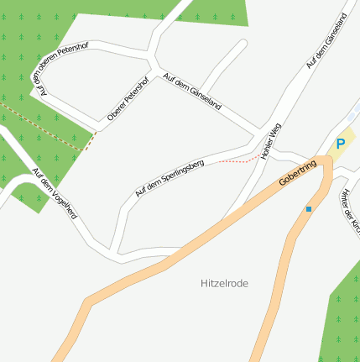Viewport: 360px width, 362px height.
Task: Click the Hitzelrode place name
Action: tap(226, 284)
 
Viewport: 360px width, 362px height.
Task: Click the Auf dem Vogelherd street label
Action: tap(55, 194)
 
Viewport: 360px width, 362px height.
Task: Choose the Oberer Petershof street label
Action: tap(128, 102)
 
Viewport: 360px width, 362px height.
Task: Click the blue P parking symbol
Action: tap(340, 144)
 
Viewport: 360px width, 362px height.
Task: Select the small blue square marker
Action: tap(309, 208)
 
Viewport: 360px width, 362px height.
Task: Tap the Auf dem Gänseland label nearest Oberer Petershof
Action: tap(192, 92)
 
